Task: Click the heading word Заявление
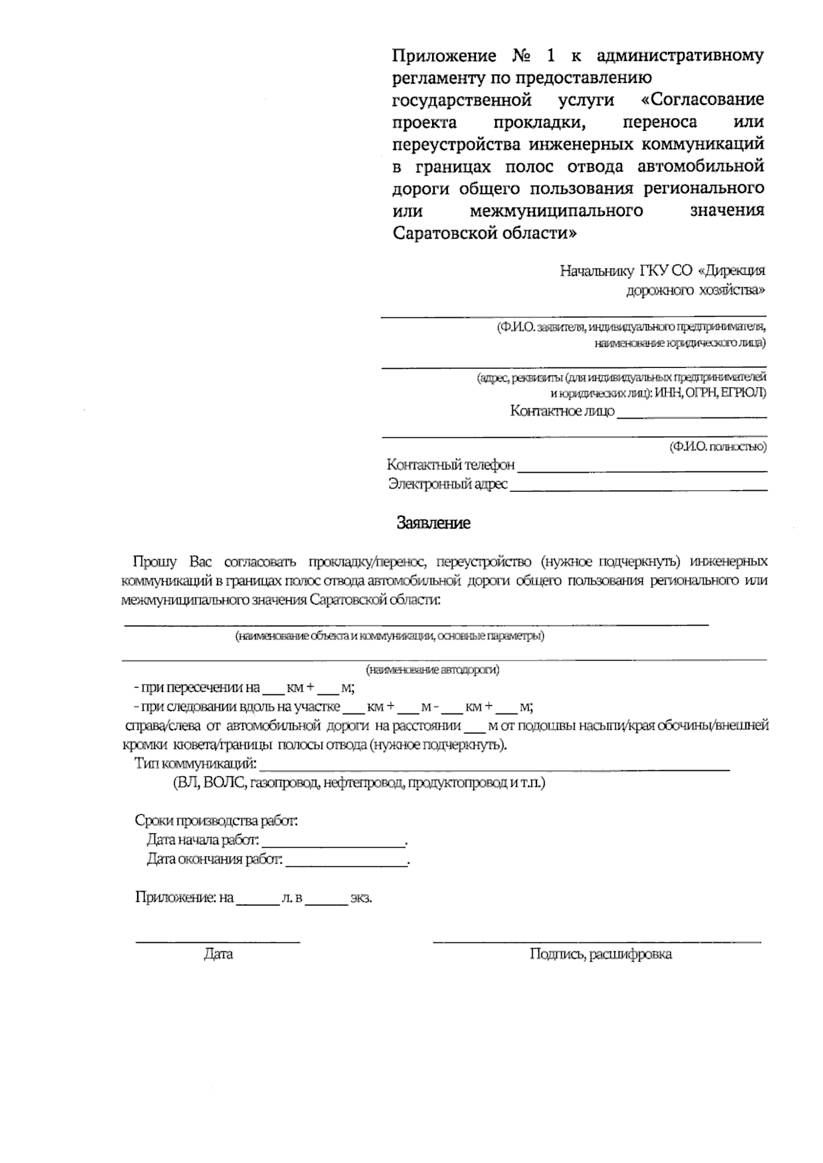pyautogui.click(x=433, y=524)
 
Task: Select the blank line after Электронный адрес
pyautogui.click(x=639, y=487)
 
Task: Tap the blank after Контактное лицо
pyautogui.click(x=691, y=414)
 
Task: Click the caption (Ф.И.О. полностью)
pyautogui.click(x=718, y=448)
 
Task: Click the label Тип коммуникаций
pyautogui.click(x=195, y=763)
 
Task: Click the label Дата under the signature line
pyautogui.click(x=218, y=954)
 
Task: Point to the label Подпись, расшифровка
pyautogui.click(x=600, y=954)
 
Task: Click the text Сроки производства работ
pyautogui.click(x=217, y=820)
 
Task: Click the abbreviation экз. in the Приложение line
pyautogui.click(x=361, y=898)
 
